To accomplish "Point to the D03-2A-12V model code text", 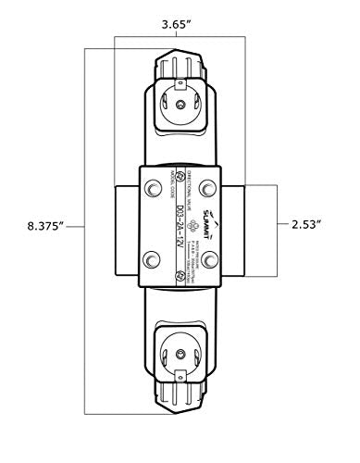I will [180, 226].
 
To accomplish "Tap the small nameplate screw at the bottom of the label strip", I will [180, 275].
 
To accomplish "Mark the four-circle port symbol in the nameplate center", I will [192, 226].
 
